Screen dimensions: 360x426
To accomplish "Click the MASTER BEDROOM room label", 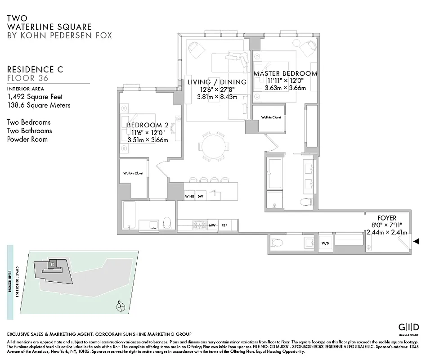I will tap(285, 73).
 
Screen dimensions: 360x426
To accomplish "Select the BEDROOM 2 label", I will tap(148, 125).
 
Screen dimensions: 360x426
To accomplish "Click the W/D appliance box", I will tap(325, 243).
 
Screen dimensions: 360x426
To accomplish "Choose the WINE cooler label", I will tap(189, 197).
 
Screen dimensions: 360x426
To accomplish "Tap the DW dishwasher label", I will tap(201, 197).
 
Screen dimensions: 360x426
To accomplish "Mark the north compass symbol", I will tap(120, 307).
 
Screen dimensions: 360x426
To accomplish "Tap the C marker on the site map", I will tap(53, 264).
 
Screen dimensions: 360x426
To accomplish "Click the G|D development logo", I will tap(409, 327).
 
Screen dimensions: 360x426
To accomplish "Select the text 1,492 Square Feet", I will tap(35, 97).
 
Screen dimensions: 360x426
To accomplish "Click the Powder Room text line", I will tap(27, 139).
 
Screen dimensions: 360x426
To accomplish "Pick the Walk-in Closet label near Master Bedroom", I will tap(271, 117).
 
